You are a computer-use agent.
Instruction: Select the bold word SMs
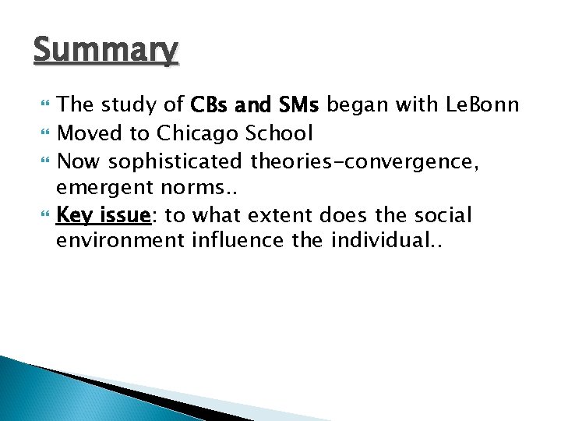299,104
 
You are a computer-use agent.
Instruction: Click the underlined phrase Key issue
103,215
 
